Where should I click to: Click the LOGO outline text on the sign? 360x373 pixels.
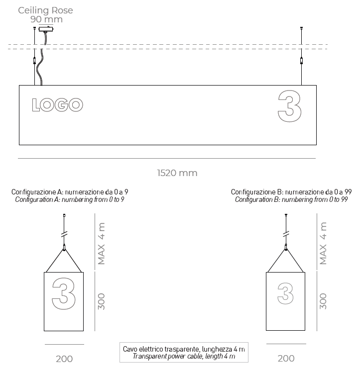(x=57, y=105)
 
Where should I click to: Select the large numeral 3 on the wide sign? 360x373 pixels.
(x=289, y=106)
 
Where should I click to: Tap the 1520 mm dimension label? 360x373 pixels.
(x=177, y=173)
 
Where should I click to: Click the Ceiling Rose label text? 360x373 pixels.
(x=45, y=10)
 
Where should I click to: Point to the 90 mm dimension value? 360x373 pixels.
(x=46, y=19)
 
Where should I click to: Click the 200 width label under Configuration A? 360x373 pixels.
(x=64, y=359)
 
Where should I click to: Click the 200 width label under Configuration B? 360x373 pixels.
(x=286, y=359)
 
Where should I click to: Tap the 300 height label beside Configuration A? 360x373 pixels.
(x=102, y=301)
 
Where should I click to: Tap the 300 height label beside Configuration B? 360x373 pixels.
(x=323, y=301)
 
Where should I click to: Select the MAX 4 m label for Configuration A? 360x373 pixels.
(x=102, y=244)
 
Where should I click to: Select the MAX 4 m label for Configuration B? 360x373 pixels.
(x=323, y=244)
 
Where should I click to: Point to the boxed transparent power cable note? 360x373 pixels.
(x=184, y=353)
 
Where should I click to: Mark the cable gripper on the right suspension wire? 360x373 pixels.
(x=301, y=62)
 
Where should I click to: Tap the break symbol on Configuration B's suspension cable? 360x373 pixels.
(x=286, y=233)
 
